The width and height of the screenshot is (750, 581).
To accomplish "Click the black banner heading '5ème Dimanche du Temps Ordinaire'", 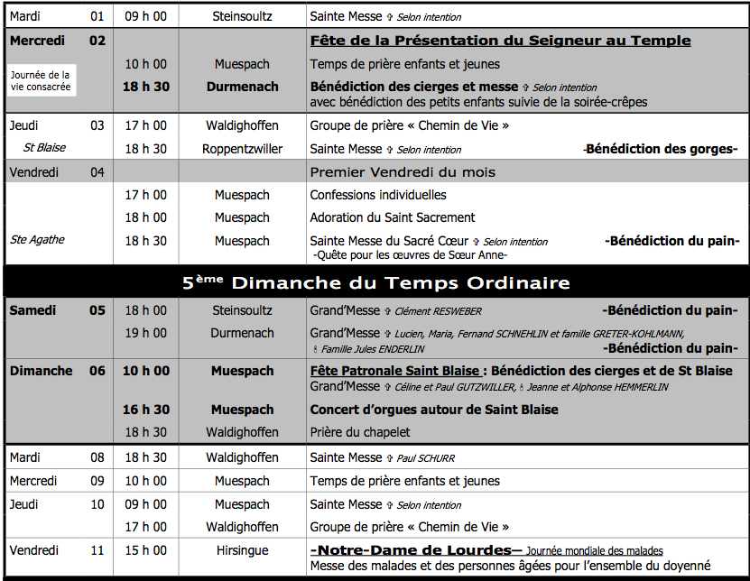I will (376, 283).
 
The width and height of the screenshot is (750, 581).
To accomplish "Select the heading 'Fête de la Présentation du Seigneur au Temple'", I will (500, 41).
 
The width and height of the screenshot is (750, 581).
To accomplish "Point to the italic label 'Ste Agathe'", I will (37, 240).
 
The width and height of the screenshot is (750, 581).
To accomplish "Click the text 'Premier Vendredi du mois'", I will (403, 171).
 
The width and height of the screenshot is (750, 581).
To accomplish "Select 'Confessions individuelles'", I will (378, 195).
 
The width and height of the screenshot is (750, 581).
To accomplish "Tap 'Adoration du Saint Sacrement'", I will (393, 217).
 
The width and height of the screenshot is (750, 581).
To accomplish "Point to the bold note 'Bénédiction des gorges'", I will (661, 149).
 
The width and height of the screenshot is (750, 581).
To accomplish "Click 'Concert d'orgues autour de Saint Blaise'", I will (434, 410).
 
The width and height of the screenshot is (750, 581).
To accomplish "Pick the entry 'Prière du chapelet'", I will (360, 432).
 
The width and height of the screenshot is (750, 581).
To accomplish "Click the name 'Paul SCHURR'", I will (427, 458).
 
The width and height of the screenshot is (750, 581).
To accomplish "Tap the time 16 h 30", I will (145, 410).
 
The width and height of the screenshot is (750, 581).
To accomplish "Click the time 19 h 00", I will (145, 333).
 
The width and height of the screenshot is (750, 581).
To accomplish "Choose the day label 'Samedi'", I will (32, 310).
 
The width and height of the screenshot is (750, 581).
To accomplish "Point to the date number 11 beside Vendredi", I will (97, 550).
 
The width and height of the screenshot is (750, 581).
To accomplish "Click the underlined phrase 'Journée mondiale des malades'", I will (595, 550).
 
